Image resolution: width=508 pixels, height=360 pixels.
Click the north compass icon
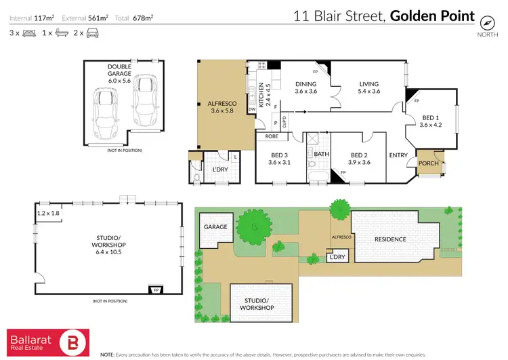485,20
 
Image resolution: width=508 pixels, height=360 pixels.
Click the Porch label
428,163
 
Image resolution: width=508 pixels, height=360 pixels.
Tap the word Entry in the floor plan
398,156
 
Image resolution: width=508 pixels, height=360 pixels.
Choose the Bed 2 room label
358,158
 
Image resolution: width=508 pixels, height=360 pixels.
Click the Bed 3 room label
279,158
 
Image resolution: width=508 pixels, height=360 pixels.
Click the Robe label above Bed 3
272,136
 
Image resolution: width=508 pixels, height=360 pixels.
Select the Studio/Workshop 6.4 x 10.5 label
108,242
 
